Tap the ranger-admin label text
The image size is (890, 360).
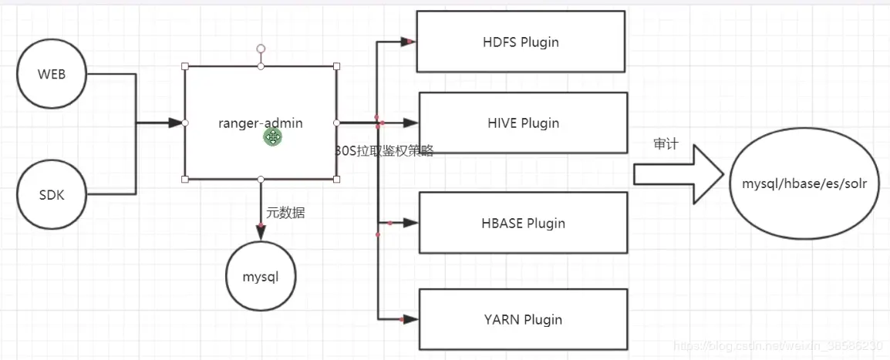[261, 123]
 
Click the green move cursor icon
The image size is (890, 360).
[272, 136]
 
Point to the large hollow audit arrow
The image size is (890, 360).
[678, 173]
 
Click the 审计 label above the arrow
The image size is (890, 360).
[666, 144]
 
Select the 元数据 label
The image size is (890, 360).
[285, 214]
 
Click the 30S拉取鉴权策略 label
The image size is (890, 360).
[384, 150]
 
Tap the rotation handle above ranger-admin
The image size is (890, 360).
[261, 49]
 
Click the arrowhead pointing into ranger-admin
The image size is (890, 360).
[176, 123]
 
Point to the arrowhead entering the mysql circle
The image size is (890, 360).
[261, 233]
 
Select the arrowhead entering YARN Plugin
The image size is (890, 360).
[410, 319]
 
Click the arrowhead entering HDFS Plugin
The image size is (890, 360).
[409, 42]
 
